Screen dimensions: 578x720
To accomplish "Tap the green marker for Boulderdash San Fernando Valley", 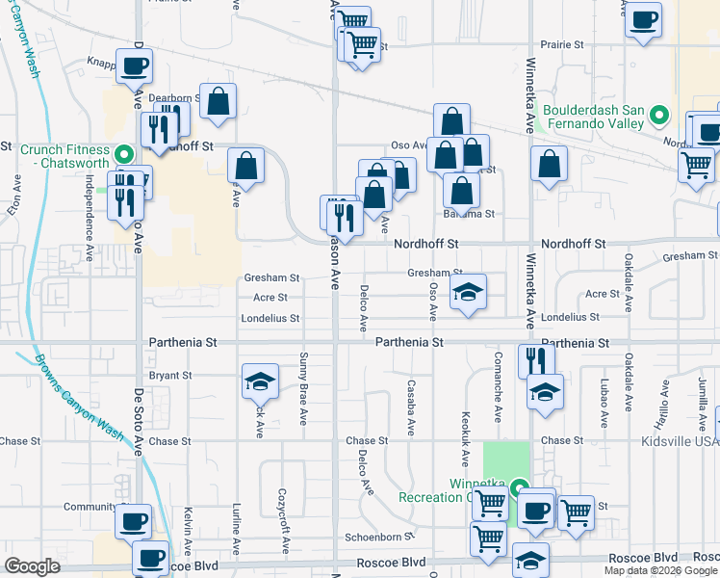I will (659, 117).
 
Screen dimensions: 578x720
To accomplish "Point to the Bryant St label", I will (172, 376).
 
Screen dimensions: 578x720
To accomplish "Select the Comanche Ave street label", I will (499, 400).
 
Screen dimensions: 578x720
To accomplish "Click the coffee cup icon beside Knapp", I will (134, 66).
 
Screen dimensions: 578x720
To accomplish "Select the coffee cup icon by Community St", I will (133, 521).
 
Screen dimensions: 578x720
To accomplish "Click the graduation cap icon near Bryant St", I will (260, 382).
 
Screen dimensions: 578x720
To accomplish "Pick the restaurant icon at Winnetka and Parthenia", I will (536, 361).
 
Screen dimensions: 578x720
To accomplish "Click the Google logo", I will (32, 566).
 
